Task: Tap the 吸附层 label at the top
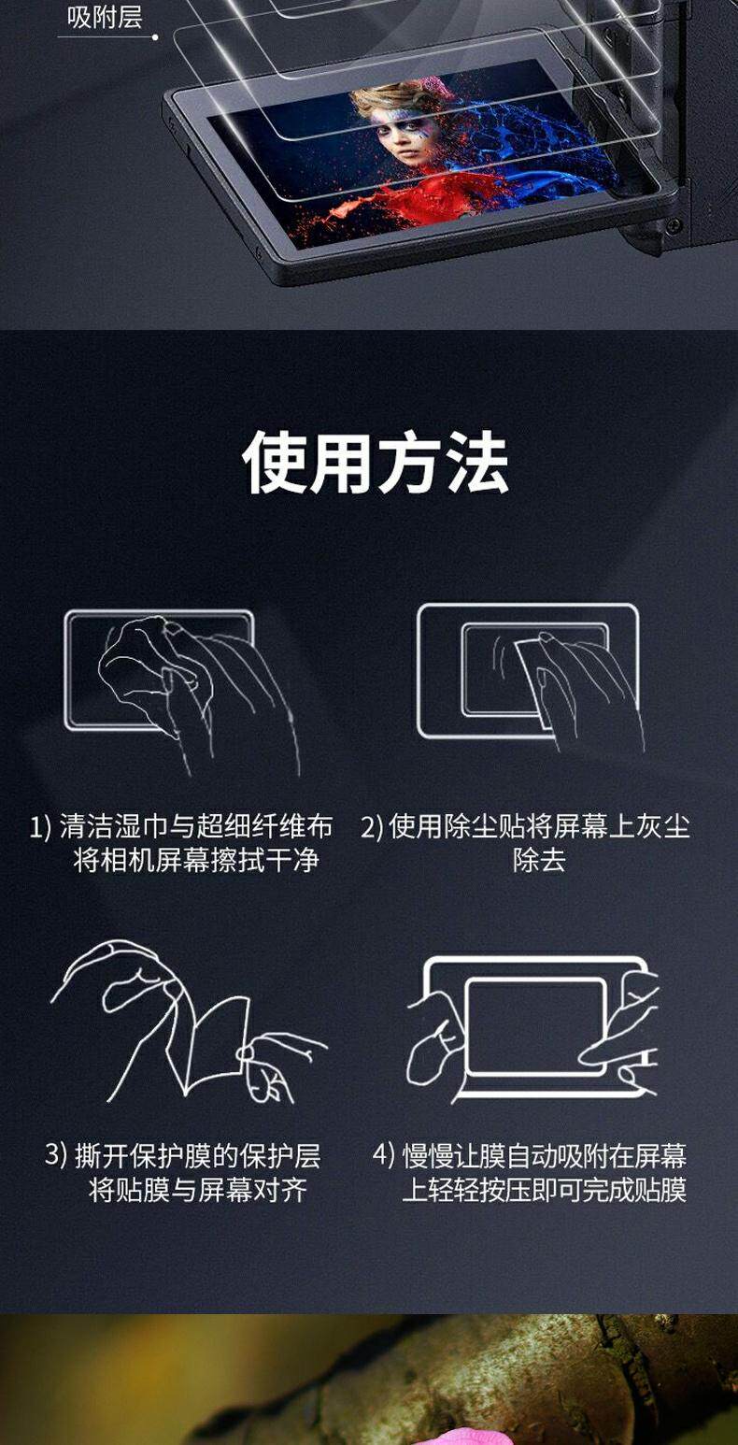[105, 17]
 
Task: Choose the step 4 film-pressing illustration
[533, 1028]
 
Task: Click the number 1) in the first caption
[40, 827]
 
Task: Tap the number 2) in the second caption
[371, 827]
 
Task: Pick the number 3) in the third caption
[55, 1153]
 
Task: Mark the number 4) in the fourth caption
[384, 1153]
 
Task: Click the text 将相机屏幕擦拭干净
[196, 860]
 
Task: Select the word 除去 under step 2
[539, 860]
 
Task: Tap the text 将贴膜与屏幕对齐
[197, 1190]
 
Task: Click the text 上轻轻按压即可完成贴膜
[545, 1190]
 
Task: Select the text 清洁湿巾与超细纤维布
[196, 827]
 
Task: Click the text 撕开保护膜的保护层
[198, 1154]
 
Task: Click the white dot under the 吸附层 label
[155, 37]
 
